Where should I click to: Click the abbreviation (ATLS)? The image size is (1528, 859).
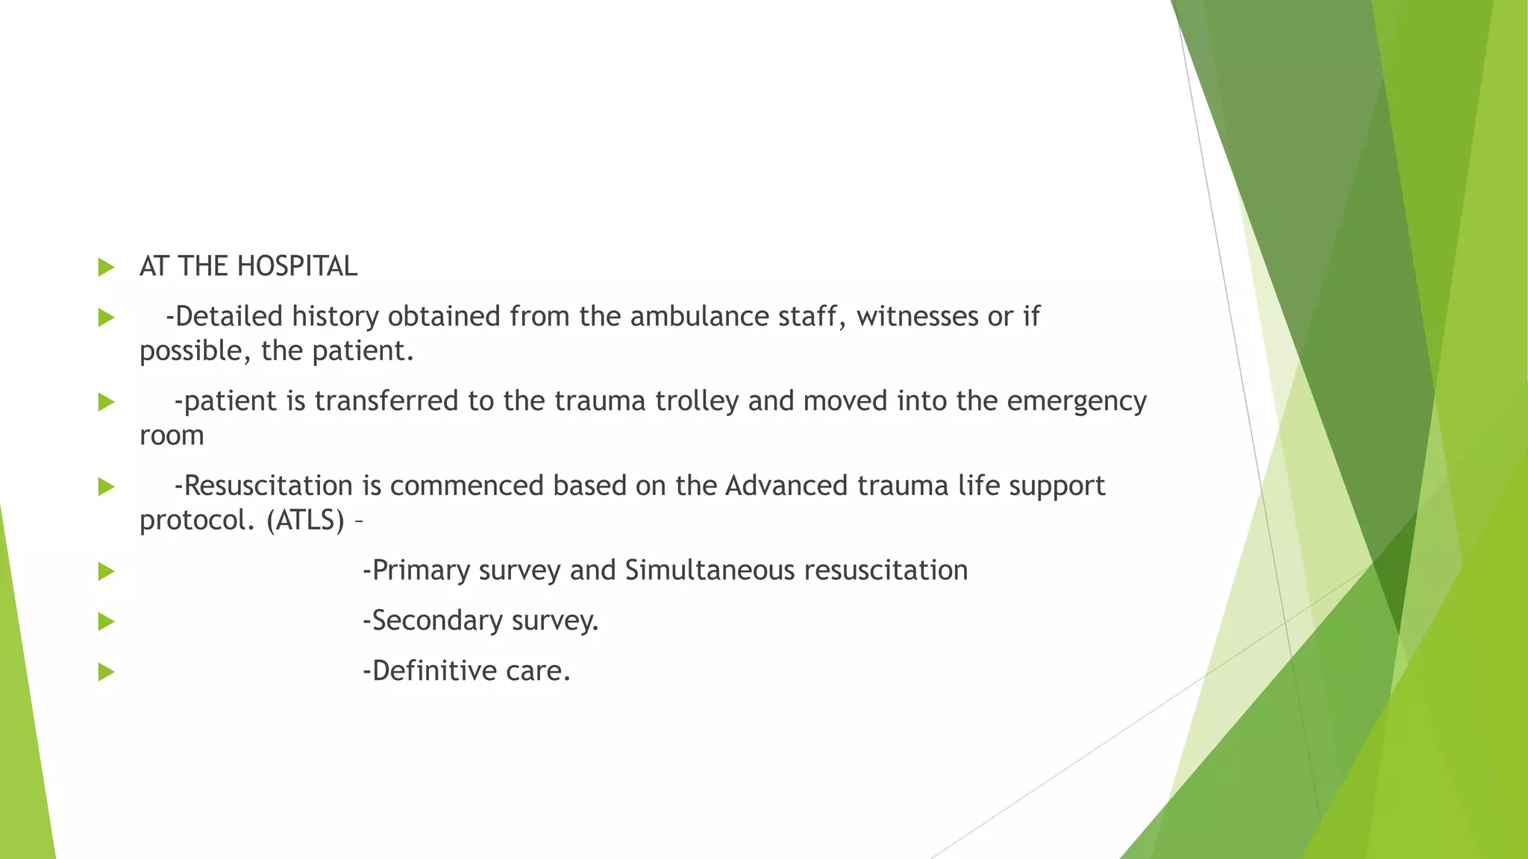tap(305, 520)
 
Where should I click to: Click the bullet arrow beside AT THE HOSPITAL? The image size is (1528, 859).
tap(106, 267)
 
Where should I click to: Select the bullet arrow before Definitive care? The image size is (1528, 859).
tap(106, 672)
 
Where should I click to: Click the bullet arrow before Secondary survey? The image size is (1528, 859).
tap(106, 621)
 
